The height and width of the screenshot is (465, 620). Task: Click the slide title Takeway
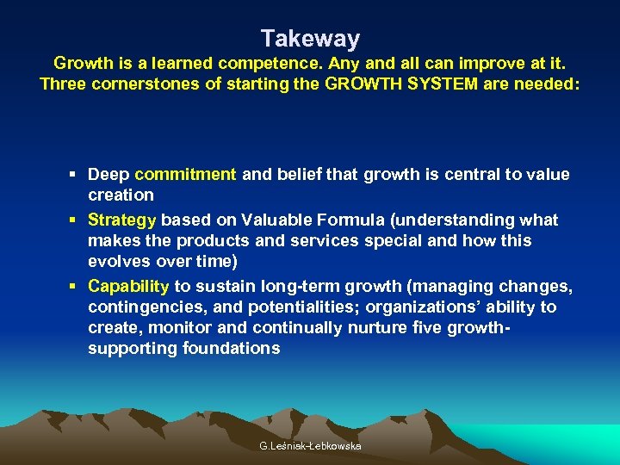click(x=310, y=39)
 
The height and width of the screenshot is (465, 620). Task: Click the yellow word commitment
click(x=185, y=175)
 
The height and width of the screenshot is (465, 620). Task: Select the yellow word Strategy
click(x=122, y=220)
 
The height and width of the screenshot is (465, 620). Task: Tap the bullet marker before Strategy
click(x=76, y=220)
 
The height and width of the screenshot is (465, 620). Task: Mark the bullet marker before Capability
click(x=76, y=287)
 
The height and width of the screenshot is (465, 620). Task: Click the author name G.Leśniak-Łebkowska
click(x=310, y=446)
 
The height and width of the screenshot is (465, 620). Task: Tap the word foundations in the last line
click(x=232, y=349)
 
